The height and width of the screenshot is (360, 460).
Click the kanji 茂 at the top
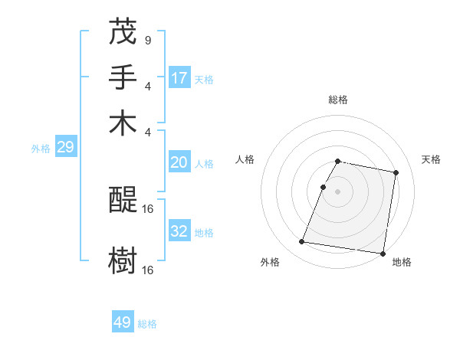(x=123, y=31)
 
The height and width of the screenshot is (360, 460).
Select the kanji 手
(x=123, y=77)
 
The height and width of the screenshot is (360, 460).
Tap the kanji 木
(x=123, y=123)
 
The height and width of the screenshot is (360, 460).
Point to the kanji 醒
(x=123, y=200)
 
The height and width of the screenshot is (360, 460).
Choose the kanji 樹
(x=123, y=261)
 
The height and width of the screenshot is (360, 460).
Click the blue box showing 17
(x=179, y=77)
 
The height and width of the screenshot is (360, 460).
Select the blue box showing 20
(x=179, y=162)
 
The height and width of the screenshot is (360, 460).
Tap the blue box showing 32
(x=179, y=231)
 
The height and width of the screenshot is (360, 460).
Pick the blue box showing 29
(x=65, y=147)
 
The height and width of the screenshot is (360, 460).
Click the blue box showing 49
(x=123, y=322)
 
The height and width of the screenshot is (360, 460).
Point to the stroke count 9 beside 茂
(x=147, y=39)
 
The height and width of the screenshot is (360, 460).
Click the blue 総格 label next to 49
(x=147, y=324)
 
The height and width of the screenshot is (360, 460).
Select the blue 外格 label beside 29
(x=41, y=149)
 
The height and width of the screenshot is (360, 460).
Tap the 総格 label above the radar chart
(x=337, y=100)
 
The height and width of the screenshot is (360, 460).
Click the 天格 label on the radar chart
(x=431, y=159)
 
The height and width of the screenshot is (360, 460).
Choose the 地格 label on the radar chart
(x=402, y=262)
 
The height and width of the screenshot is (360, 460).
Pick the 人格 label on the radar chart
(x=245, y=159)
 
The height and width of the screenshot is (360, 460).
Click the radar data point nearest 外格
(x=302, y=242)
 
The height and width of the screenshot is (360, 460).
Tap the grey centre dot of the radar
(x=337, y=191)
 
